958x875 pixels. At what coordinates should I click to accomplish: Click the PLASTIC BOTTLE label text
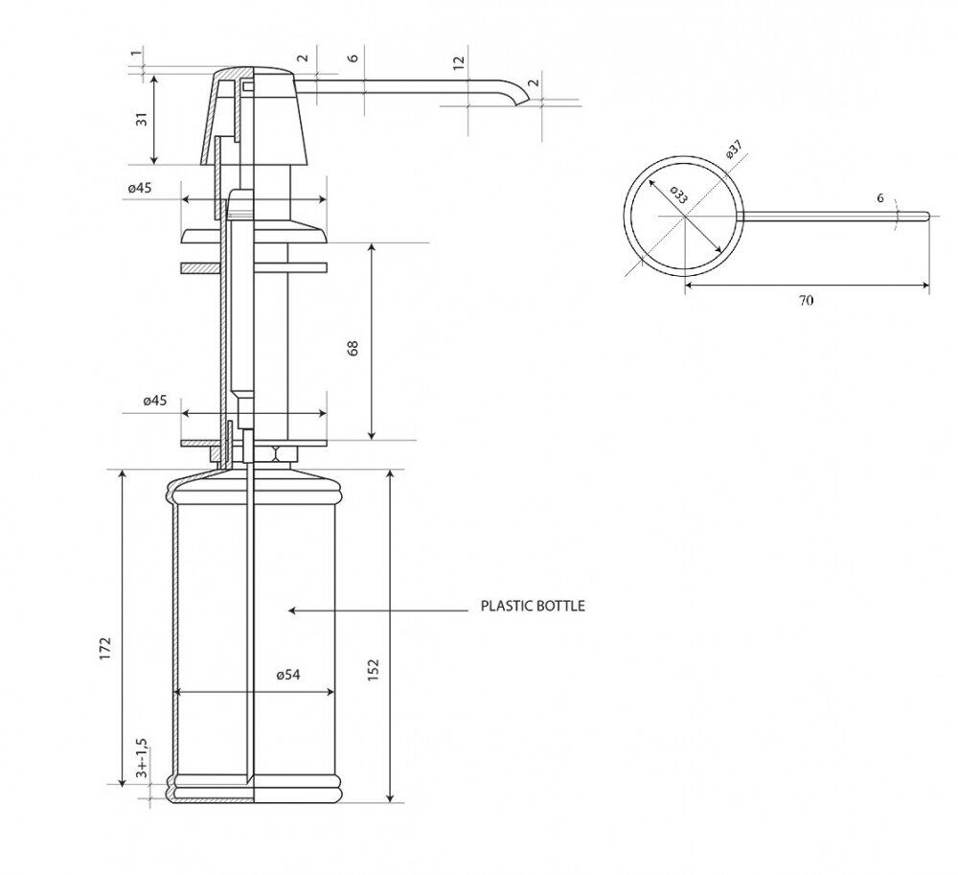tap(532, 607)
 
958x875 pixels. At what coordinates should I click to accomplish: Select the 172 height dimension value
tap(105, 648)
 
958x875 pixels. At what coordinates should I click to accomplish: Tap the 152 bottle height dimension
tap(374, 668)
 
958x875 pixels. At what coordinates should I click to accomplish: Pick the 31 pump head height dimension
tap(141, 119)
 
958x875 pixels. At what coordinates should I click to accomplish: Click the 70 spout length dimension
tap(806, 300)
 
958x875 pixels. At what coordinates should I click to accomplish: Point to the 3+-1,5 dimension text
tap(142, 757)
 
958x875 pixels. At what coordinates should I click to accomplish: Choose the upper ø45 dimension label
tap(140, 188)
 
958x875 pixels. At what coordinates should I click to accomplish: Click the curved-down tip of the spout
tap(522, 101)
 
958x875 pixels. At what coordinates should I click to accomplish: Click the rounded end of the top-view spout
tap(926, 215)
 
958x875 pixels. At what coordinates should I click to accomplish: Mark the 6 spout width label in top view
tap(880, 198)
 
